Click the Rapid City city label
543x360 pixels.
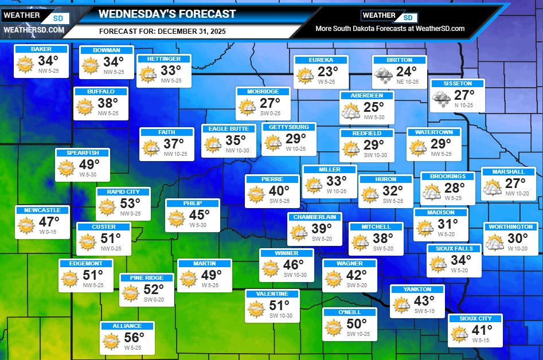[x=123, y=192]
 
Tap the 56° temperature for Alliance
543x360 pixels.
[x=134, y=338]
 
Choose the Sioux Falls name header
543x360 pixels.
[x=454, y=249]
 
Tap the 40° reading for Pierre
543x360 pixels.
[x=279, y=191]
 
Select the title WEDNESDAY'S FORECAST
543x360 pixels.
[x=167, y=14]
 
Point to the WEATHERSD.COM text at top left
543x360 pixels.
[x=33, y=30]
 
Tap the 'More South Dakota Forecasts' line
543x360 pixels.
[x=390, y=29]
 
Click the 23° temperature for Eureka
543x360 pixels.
[x=329, y=72]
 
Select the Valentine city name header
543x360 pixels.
[x=272, y=294]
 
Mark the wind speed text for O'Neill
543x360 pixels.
[x=358, y=334]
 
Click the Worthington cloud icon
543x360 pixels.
[x=494, y=242]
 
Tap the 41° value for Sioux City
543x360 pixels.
[x=482, y=330]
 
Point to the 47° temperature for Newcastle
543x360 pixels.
[x=49, y=222]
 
